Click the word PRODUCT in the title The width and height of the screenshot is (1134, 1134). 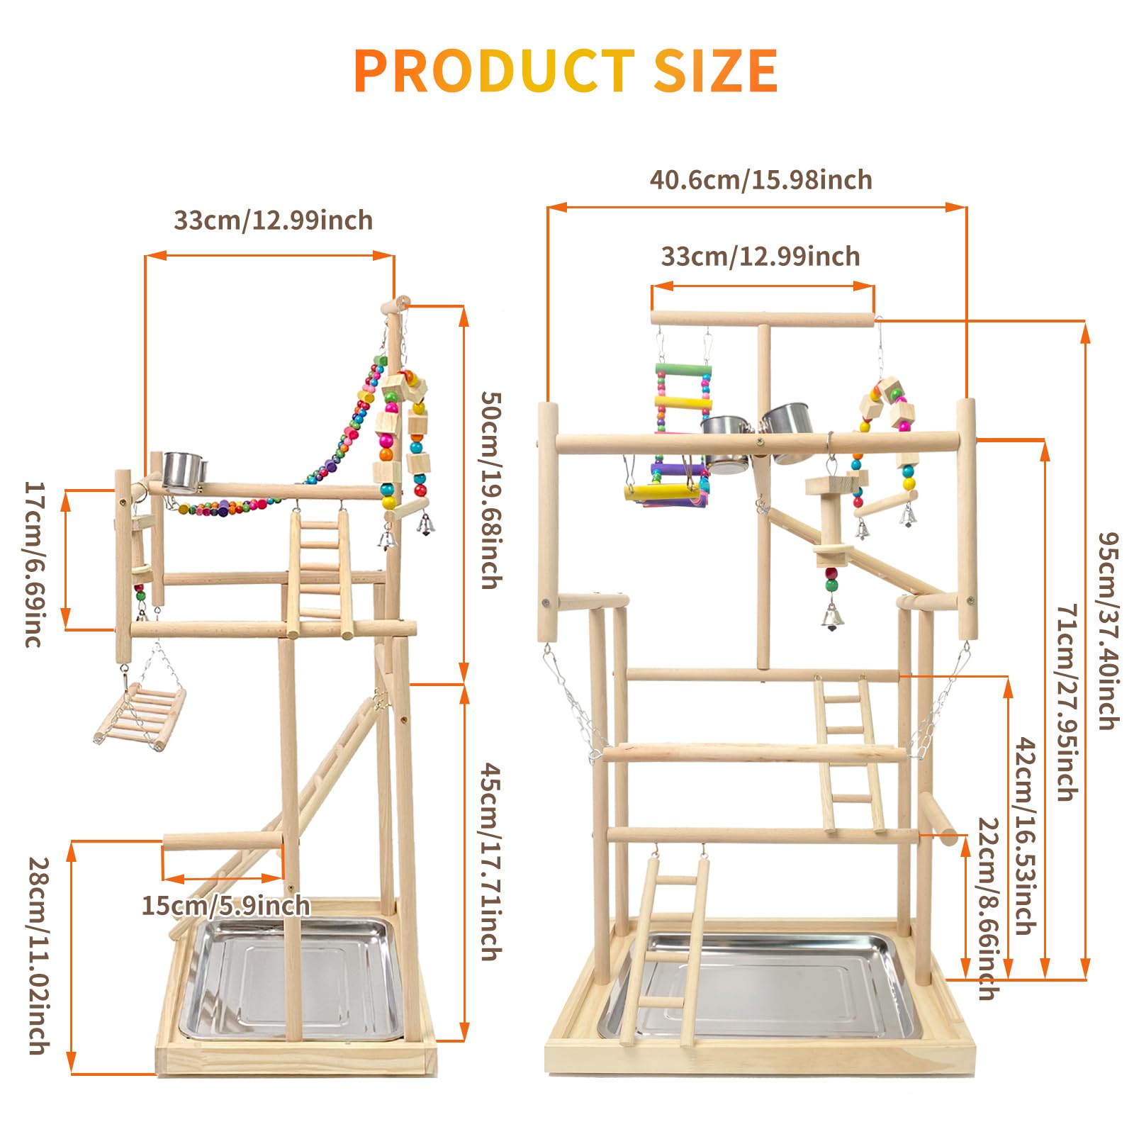click(494, 70)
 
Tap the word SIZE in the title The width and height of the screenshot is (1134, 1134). click(716, 70)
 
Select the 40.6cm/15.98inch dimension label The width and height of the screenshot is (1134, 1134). click(761, 180)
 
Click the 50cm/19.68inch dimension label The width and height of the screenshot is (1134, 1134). click(491, 490)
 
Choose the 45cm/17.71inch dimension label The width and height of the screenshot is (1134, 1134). click(491, 861)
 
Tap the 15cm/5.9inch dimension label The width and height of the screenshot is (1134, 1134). click(226, 905)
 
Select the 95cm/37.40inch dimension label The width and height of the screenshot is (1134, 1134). click(1108, 631)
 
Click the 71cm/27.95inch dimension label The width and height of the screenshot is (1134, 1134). click(1067, 702)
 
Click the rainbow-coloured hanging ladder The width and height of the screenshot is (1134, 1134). click(683, 418)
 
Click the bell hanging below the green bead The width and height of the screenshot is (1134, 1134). click(831, 617)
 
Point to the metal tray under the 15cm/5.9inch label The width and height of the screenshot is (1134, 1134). click(291, 979)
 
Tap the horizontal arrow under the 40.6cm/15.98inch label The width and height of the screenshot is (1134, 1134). click(757, 207)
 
